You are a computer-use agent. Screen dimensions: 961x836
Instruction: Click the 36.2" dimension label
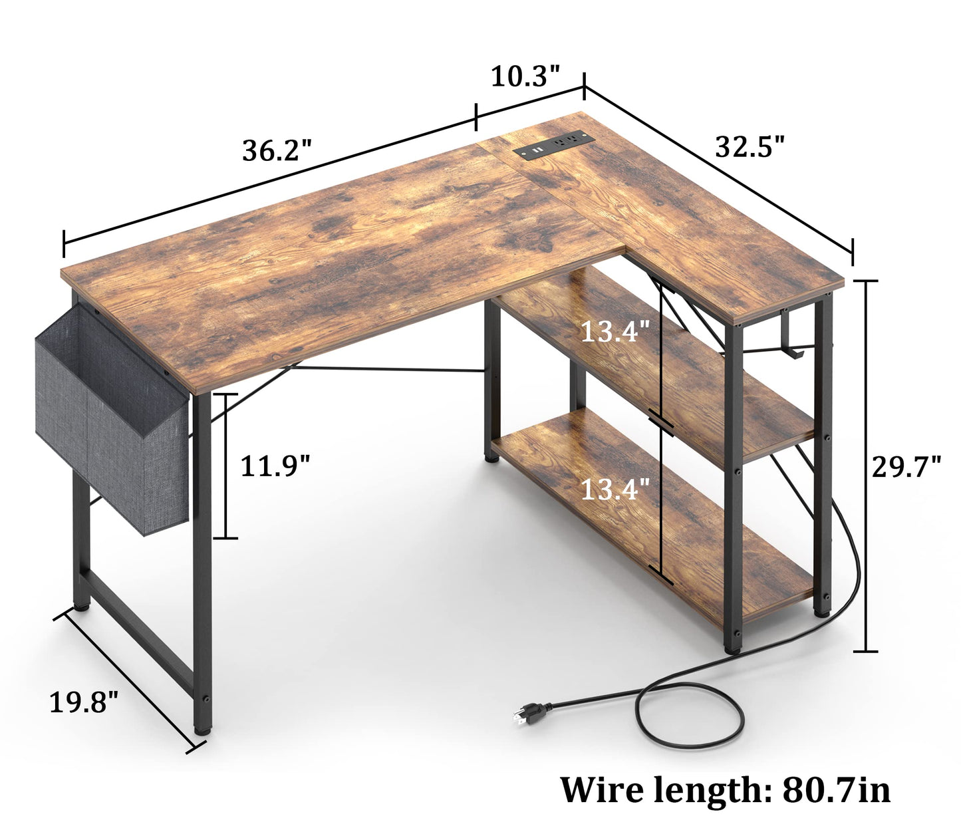click(277, 151)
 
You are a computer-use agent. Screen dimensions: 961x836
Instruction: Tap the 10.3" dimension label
click(525, 76)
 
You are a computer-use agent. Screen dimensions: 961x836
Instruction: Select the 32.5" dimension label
click(750, 146)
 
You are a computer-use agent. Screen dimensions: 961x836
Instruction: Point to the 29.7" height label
click(906, 466)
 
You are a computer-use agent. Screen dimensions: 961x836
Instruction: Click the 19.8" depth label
click(84, 702)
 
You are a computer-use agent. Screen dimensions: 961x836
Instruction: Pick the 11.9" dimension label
click(276, 466)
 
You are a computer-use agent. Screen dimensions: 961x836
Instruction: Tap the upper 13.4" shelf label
click(616, 332)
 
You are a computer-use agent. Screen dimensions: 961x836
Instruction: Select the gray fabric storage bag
click(111, 418)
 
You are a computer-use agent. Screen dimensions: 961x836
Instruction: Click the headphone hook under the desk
click(792, 337)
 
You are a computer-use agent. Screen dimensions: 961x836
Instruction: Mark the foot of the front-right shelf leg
click(732, 649)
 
